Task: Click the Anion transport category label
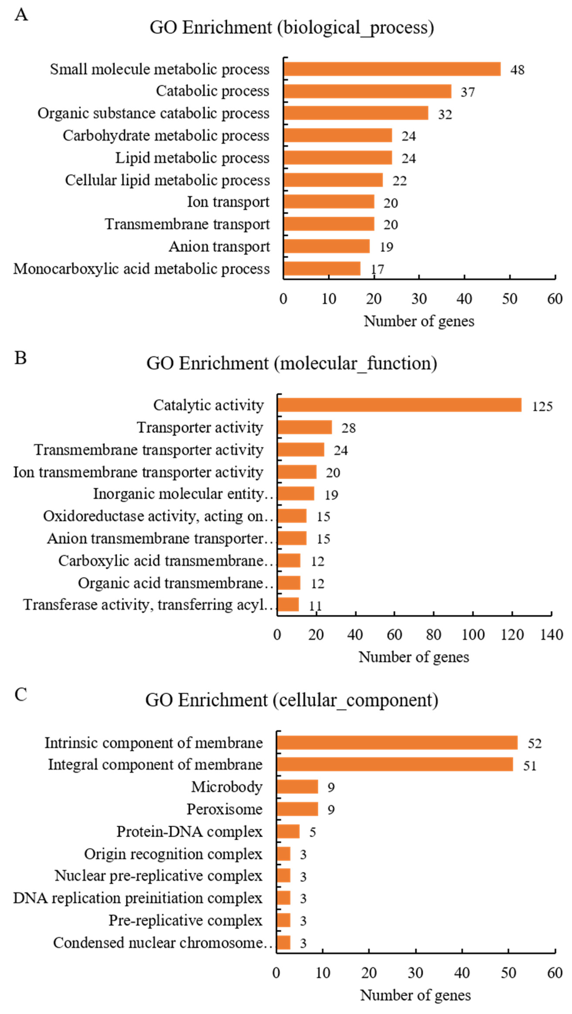tap(219, 246)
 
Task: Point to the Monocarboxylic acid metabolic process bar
tap(322, 269)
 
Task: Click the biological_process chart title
tap(292, 28)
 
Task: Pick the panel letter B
tap(21, 358)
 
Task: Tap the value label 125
tap(542, 406)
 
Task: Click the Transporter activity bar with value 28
tap(304, 427)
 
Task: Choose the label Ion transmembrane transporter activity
tap(138, 472)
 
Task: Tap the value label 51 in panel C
tap(530, 766)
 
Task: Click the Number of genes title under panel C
tap(416, 995)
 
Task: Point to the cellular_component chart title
tap(292, 700)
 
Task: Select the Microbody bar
tap(297, 787)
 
